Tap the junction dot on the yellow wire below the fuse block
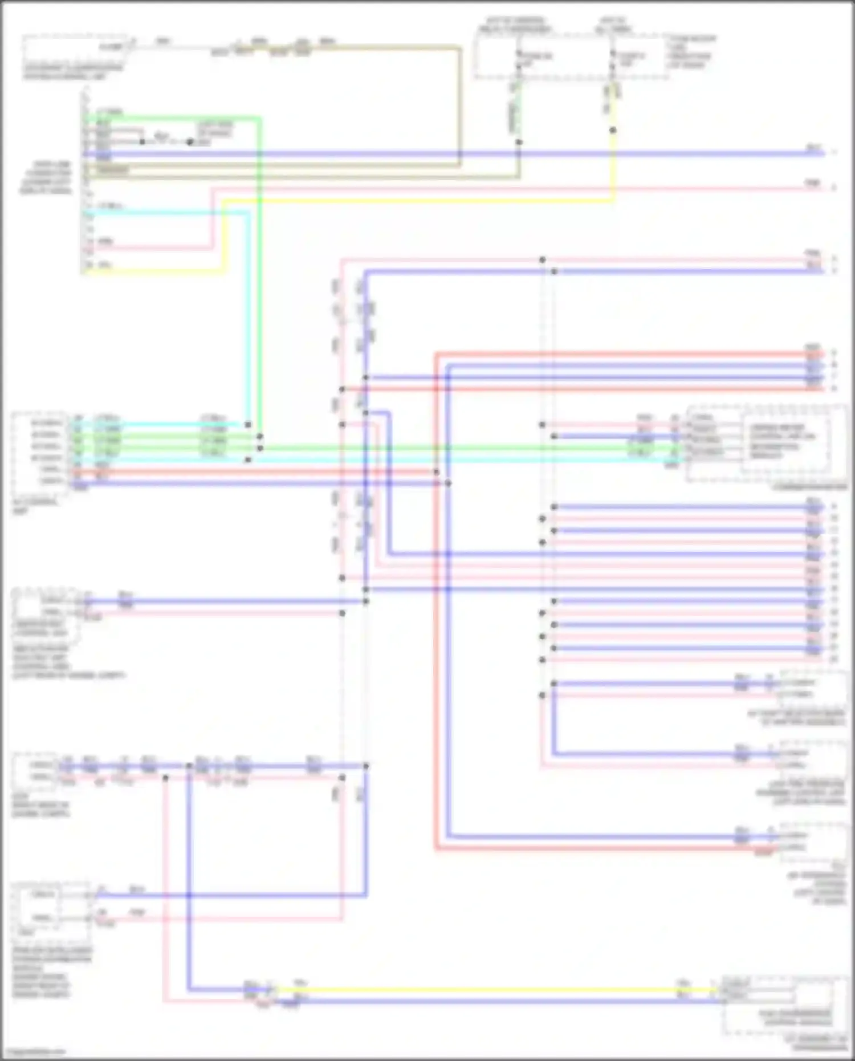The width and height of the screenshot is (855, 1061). pos(613,131)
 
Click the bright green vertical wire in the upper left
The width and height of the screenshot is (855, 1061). pos(259,274)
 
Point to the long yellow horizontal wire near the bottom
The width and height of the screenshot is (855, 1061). pos(484,991)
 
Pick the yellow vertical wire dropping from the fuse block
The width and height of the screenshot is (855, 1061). pos(614,165)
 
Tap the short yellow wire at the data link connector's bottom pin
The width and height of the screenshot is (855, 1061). pos(154,271)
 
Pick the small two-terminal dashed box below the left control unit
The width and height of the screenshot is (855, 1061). pos(46,607)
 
